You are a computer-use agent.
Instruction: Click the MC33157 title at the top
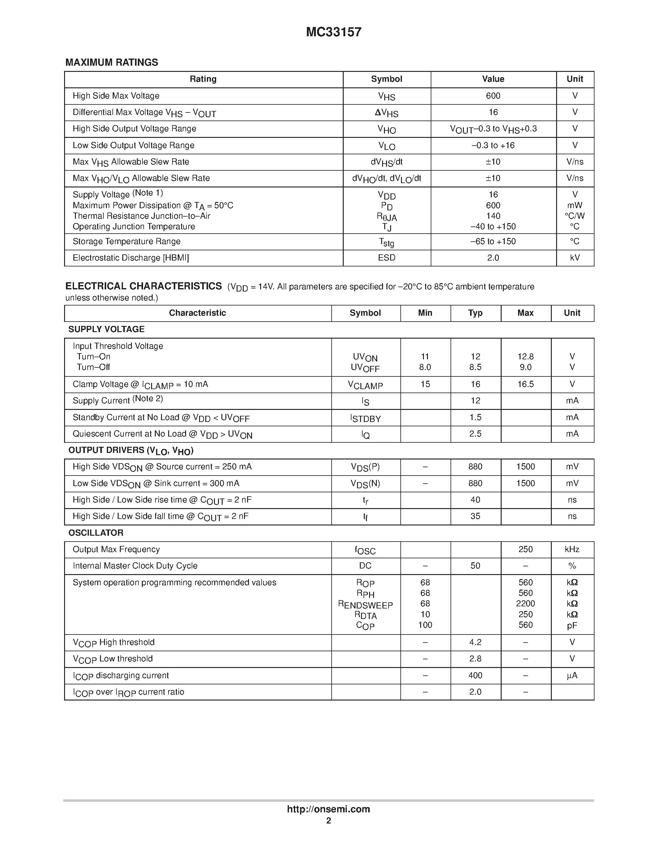[x=334, y=32]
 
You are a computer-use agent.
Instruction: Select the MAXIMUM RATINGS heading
[x=111, y=62]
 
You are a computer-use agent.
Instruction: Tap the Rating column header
[x=203, y=79]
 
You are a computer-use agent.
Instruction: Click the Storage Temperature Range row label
[x=126, y=241]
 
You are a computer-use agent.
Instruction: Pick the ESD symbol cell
[x=386, y=258]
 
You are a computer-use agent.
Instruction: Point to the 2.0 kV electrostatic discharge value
[x=493, y=258]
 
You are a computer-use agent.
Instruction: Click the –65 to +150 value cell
[x=493, y=241]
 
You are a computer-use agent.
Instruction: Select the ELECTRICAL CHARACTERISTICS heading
[x=143, y=286]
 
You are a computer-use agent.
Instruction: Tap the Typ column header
[x=475, y=313]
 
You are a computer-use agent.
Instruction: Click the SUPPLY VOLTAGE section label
[x=107, y=329]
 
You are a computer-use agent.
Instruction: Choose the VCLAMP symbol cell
[x=365, y=385]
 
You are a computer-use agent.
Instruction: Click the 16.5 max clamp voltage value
[x=525, y=384]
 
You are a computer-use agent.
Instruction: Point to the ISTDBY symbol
[x=365, y=418]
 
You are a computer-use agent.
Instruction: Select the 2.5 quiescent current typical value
[x=475, y=434]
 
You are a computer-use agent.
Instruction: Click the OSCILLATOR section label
[x=96, y=533]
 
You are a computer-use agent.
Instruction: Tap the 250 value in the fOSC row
[x=525, y=549]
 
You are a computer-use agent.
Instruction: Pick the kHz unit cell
[x=572, y=549]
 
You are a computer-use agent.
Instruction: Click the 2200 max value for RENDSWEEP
[x=525, y=604]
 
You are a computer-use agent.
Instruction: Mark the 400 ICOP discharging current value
[x=475, y=675]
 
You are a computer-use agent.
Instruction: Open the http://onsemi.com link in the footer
[x=328, y=809]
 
